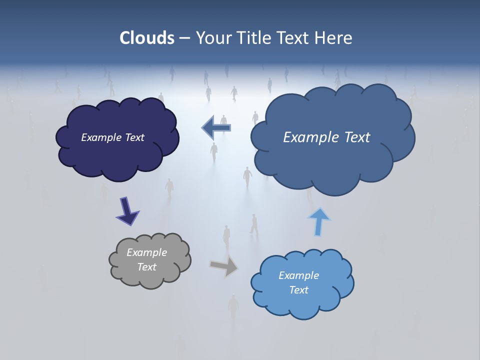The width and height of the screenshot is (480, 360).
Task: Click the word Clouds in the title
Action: point(147,38)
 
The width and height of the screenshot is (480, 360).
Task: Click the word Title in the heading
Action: point(254,38)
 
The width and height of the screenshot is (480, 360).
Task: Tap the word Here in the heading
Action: point(334,38)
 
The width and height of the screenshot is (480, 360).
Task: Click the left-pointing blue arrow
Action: point(216,127)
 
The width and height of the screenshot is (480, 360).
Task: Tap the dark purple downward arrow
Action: point(127,210)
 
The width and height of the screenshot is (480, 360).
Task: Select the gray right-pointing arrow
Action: point(224,265)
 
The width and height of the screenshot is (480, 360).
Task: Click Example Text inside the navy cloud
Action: point(112,137)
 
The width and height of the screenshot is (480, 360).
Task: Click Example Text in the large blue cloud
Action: point(326,137)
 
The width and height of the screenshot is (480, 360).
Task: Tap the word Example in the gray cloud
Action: point(146,252)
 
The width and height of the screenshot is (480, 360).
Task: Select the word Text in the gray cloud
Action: point(146,267)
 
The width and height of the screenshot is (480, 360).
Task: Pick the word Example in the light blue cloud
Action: point(298,275)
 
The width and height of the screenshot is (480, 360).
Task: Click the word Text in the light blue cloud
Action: point(298,290)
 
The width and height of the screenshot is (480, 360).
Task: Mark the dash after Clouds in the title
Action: point(184,38)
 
